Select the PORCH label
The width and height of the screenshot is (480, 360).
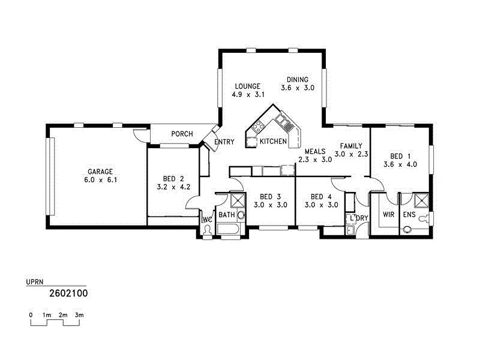point(182,134)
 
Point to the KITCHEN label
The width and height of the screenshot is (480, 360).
point(273,142)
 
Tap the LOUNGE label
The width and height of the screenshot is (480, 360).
point(247,86)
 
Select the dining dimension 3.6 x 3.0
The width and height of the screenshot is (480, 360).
point(297,88)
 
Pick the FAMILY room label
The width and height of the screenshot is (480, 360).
point(350,146)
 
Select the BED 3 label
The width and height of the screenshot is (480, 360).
point(270,197)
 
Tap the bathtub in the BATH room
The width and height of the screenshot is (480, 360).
point(229,229)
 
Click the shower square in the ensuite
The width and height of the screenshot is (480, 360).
point(421,200)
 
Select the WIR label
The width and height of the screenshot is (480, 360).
point(388,215)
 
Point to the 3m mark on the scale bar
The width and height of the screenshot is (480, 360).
point(79,315)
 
